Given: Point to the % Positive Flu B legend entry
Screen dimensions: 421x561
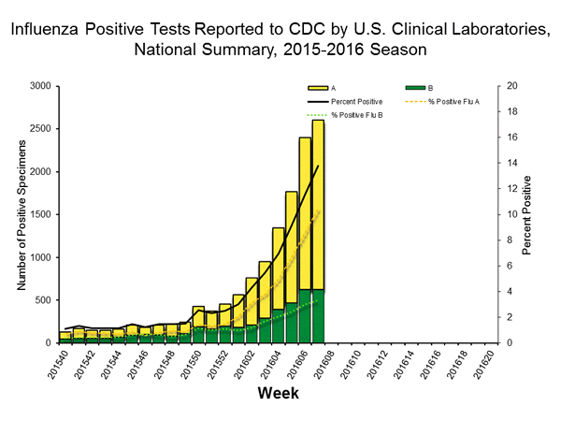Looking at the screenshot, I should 345,115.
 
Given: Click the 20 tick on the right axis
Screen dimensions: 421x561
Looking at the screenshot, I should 508,86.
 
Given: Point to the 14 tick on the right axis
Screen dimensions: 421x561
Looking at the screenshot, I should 508,163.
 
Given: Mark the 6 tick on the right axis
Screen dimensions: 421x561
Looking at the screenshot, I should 505,266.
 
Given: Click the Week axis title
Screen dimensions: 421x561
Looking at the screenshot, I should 278,394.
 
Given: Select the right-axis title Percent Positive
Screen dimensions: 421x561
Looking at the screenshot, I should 527,215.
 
